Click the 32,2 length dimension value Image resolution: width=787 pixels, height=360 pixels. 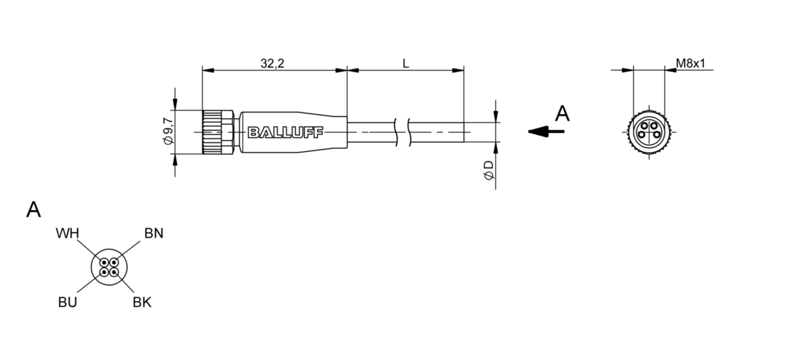click(272, 63)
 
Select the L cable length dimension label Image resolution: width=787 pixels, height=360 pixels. click(405, 63)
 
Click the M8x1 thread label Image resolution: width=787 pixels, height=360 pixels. click(691, 63)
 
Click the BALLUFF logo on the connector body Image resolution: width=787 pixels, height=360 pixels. click(285, 133)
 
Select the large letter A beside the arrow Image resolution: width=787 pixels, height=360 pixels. click(562, 114)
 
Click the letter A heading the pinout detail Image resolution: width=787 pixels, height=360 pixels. click(34, 210)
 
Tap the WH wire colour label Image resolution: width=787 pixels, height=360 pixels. click(67, 233)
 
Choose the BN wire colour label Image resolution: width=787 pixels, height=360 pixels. click(153, 233)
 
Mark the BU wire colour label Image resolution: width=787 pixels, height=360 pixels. click(67, 302)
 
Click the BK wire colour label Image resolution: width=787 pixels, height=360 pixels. click(143, 302)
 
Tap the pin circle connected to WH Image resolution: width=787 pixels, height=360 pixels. click(104, 263)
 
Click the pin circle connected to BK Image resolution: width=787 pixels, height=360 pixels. click(114, 272)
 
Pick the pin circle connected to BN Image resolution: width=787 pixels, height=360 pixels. click(114, 263)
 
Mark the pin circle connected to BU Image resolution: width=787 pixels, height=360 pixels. click(104, 272)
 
